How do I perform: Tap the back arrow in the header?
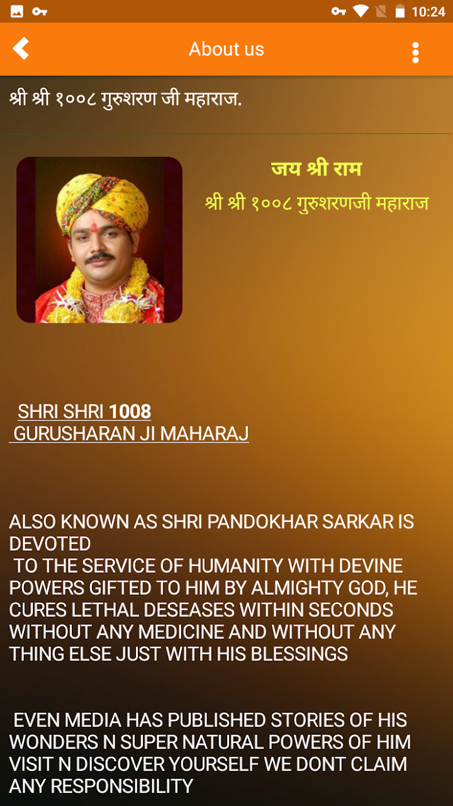(x=21, y=48)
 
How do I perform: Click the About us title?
(x=226, y=49)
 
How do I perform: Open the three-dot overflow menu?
(x=415, y=52)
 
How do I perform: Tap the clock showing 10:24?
(x=428, y=12)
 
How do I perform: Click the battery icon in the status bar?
(x=400, y=11)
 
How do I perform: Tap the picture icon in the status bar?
(x=17, y=12)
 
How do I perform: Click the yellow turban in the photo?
(x=102, y=201)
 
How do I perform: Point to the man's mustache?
(x=100, y=257)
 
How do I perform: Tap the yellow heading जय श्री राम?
(x=316, y=168)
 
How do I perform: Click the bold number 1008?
(x=130, y=411)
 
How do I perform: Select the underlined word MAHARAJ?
(x=204, y=433)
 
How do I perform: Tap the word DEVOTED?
(x=50, y=544)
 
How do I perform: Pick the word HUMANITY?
(x=236, y=566)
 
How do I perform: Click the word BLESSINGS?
(x=299, y=654)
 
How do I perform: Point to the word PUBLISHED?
(x=217, y=720)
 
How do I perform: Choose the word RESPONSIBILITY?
(x=122, y=786)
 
